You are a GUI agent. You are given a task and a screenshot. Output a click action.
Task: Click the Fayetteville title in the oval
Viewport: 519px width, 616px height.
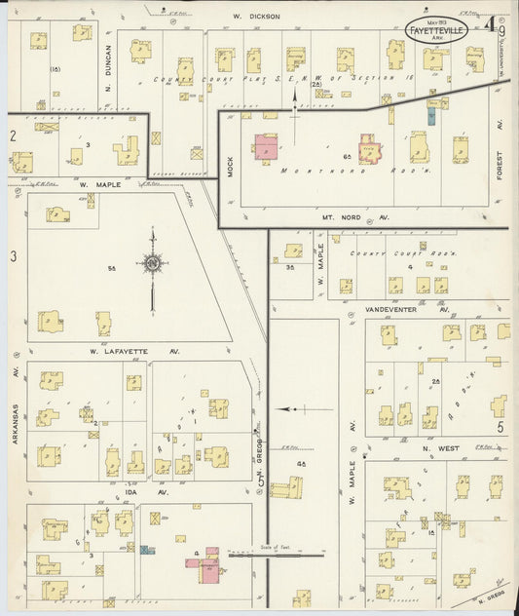coord(436,29)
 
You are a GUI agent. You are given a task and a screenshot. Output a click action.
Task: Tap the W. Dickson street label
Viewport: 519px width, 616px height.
coord(257,17)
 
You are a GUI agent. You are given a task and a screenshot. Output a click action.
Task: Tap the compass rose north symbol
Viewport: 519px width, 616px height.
coord(152,263)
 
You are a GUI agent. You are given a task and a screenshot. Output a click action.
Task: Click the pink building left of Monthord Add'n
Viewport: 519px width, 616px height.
coord(265,147)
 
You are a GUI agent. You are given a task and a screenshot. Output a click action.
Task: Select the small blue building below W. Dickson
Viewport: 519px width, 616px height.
coord(430,115)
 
